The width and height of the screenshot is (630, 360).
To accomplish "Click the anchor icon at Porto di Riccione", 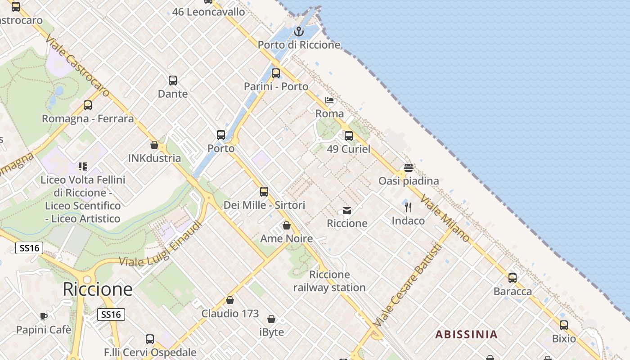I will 298,31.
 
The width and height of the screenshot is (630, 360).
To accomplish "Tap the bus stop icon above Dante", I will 173,81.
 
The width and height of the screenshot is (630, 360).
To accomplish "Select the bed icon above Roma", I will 329,100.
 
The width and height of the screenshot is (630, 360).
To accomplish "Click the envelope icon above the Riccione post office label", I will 347,210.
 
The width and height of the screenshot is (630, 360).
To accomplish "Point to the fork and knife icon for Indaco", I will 408,207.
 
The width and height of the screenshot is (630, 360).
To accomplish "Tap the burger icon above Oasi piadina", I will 409,168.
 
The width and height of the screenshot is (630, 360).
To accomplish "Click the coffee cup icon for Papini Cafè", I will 44,316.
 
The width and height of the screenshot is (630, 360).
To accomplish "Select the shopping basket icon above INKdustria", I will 154,145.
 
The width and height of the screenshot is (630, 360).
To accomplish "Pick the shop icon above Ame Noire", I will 287,225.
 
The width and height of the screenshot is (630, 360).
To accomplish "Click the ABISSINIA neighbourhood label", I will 467,334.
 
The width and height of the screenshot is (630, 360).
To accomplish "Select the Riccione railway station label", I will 329,281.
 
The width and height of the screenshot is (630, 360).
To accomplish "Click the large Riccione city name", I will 98,289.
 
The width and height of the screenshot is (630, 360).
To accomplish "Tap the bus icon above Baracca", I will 513,278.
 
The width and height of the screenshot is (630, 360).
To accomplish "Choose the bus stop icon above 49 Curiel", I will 349,136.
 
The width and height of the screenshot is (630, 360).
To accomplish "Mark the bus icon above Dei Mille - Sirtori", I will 264,192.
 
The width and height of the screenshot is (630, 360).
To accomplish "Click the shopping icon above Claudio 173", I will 230,300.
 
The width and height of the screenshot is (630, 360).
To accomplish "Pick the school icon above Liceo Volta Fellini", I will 83,166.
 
